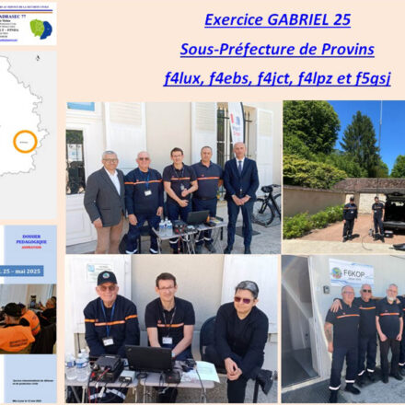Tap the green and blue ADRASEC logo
point(40,29)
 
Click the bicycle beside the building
point(266,208)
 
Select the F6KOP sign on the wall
point(352,273)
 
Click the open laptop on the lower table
point(149,358)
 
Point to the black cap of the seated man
point(107,278)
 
